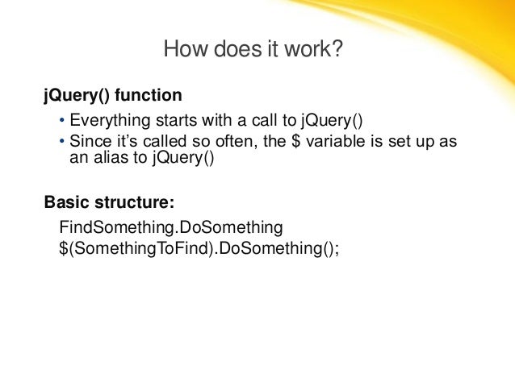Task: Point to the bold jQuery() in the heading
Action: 77,96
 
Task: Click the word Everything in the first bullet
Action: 107,122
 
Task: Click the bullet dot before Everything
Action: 63,122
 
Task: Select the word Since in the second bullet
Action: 88,142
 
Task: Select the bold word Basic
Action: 66,201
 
